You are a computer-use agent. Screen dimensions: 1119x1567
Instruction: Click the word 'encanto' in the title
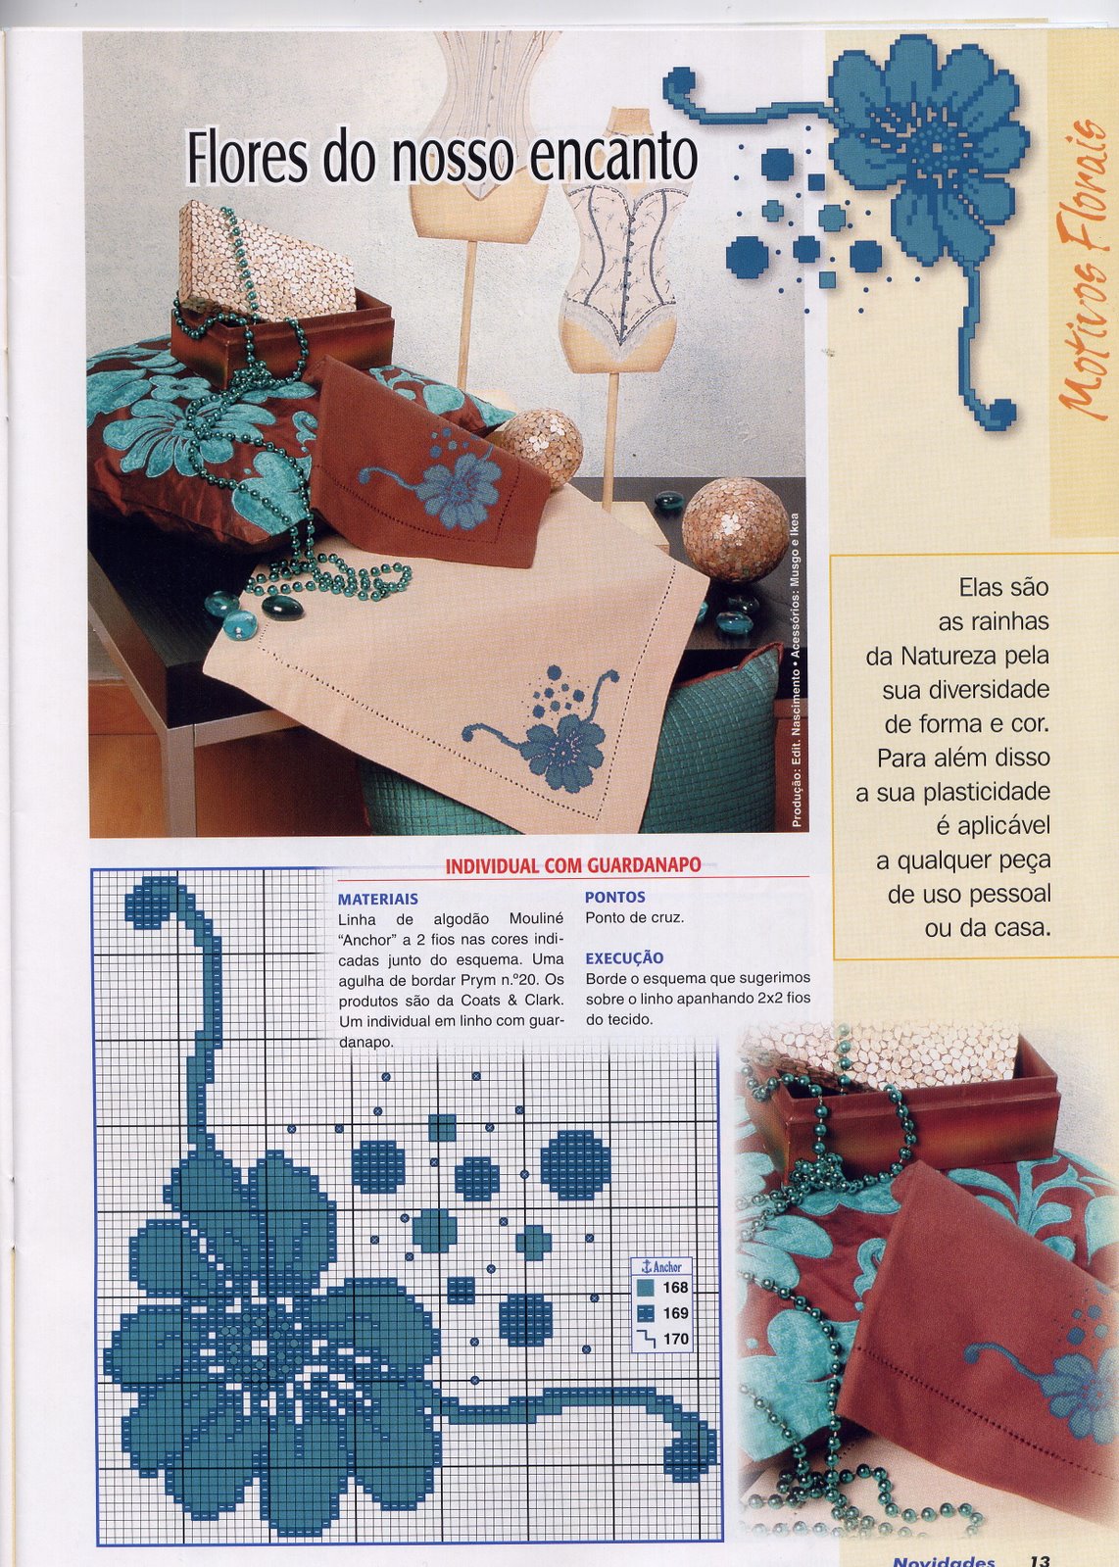tap(614, 158)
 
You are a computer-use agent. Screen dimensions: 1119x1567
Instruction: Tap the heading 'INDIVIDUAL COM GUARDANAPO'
tap(573, 865)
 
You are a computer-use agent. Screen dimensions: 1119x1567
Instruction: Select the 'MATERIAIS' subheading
tap(377, 899)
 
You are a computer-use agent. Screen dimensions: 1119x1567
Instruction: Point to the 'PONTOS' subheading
tap(615, 897)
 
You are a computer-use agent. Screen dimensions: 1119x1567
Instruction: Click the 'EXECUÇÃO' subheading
tap(624, 958)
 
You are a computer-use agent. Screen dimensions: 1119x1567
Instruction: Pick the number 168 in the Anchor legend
tap(675, 1287)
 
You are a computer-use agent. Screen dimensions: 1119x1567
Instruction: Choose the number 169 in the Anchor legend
tap(675, 1313)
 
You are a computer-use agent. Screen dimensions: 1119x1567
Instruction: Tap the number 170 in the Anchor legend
tap(675, 1339)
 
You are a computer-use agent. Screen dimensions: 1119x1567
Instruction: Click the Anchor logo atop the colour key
tap(660, 1267)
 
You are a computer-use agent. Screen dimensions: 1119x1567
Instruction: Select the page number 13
tap(1040, 1559)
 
